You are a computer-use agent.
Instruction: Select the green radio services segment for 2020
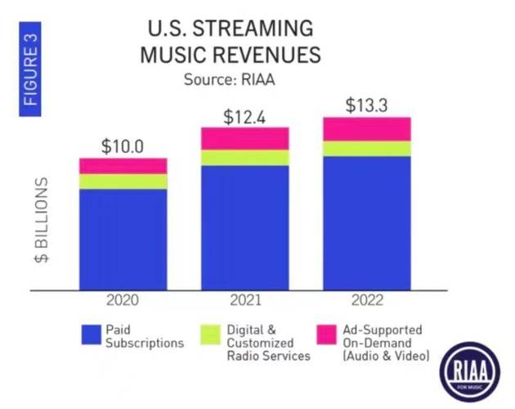(123, 182)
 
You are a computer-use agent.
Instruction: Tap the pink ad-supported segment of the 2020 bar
(123, 166)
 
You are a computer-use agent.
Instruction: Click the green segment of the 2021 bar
(245, 158)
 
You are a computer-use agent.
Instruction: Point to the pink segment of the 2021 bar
(245, 138)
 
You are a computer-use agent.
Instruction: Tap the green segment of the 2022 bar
(366, 148)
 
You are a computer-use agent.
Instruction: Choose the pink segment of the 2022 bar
(366, 128)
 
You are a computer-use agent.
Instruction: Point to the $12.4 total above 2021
(245, 116)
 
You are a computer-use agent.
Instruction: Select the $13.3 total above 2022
(366, 106)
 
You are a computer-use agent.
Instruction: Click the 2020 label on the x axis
(123, 300)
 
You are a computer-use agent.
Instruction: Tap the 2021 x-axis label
(245, 300)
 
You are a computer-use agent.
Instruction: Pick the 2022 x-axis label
(366, 300)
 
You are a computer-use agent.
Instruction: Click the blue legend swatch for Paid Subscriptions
(90, 333)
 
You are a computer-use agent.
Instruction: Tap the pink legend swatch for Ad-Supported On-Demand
(327, 333)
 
